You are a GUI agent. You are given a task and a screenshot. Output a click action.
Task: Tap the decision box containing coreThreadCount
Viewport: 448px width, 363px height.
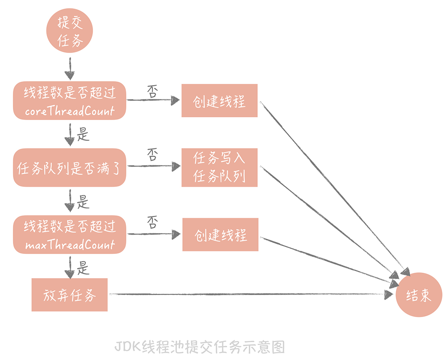pyautogui.click(x=69, y=100)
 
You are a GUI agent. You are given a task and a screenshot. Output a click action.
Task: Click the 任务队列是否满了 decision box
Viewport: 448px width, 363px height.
pyautogui.click(x=69, y=168)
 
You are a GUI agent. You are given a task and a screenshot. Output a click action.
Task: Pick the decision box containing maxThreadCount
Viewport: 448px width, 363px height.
pyautogui.click(x=69, y=234)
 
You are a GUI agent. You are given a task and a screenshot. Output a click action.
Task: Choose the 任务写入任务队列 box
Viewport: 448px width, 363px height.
pyautogui.click(x=219, y=168)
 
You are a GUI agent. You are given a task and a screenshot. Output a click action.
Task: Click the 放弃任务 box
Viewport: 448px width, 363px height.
pyautogui.click(x=69, y=295)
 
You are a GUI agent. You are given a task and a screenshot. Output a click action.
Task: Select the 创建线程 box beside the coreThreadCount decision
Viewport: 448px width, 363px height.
pyautogui.click(x=219, y=100)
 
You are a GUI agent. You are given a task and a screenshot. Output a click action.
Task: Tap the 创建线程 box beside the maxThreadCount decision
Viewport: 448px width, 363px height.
pyautogui.click(x=220, y=235)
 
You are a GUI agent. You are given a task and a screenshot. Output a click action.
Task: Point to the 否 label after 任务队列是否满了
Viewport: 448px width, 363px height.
pyautogui.click(x=152, y=155)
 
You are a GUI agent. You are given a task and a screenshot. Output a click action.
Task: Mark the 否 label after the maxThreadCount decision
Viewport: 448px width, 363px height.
pyautogui.click(x=152, y=223)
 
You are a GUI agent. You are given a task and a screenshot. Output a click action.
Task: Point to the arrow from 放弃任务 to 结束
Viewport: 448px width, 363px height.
pyautogui.click(x=251, y=294)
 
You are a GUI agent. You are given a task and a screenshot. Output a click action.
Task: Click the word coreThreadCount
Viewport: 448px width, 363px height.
pyautogui.click(x=69, y=111)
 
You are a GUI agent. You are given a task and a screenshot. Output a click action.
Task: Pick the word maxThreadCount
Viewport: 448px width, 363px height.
pyautogui.click(x=69, y=246)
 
